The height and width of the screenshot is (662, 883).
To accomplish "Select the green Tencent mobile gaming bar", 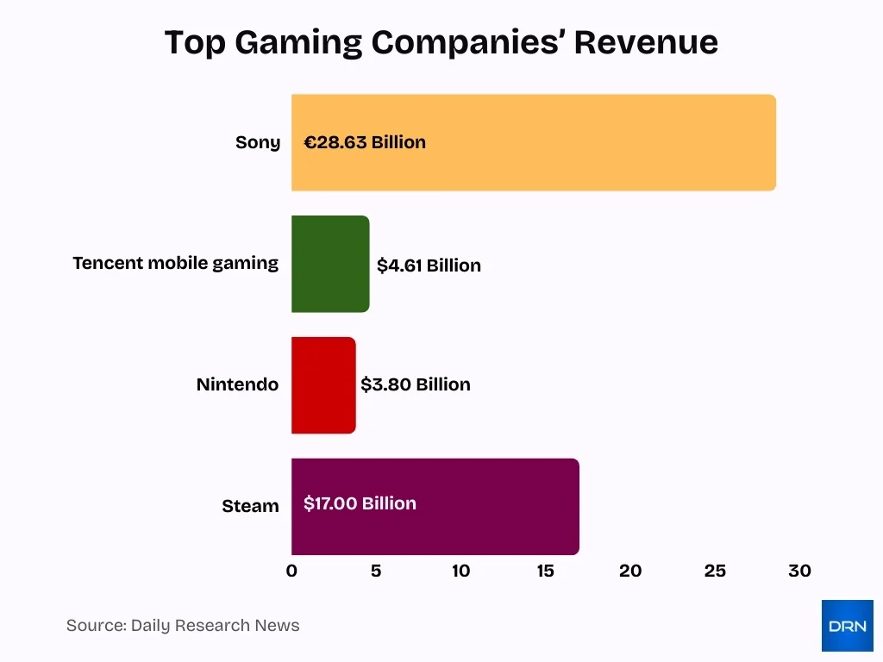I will pyautogui.click(x=330, y=264).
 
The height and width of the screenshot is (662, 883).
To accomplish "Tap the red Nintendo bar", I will pyautogui.click(x=323, y=384).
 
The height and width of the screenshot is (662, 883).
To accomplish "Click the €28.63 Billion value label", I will pyautogui.click(x=365, y=142).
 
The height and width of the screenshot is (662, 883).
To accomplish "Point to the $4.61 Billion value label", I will pyautogui.click(x=429, y=265).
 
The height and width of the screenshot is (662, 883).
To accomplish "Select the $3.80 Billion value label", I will pyautogui.click(x=416, y=384).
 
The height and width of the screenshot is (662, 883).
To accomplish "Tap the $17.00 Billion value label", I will pyautogui.click(x=360, y=503).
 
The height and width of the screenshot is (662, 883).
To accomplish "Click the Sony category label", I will pyautogui.click(x=258, y=143).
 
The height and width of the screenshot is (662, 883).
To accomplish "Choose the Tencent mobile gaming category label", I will pyautogui.click(x=176, y=264).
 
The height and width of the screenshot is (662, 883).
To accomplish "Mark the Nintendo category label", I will pyautogui.click(x=237, y=384).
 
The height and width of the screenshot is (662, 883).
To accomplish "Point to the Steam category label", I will pyautogui.click(x=250, y=506).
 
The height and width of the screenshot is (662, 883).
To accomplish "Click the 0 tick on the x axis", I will pyautogui.click(x=291, y=571).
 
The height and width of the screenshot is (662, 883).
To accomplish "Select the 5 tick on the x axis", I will pyautogui.click(x=376, y=571).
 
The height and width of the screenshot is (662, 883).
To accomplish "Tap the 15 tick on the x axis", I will pyautogui.click(x=545, y=571).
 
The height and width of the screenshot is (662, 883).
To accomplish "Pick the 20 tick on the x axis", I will pyautogui.click(x=630, y=571).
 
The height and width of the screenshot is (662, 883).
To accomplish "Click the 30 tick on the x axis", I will pyautogui.click(x=799, y=571).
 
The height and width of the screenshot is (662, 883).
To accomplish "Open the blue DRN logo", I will pyautogui.click(x=847, y=626).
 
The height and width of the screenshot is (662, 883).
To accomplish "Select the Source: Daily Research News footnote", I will pyautogui.click(x=183, y=626).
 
